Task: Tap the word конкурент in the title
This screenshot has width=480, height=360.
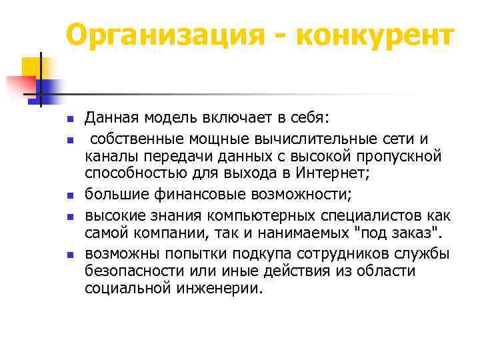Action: click(373, 35)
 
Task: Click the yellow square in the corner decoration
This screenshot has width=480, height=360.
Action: click(30, 67)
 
